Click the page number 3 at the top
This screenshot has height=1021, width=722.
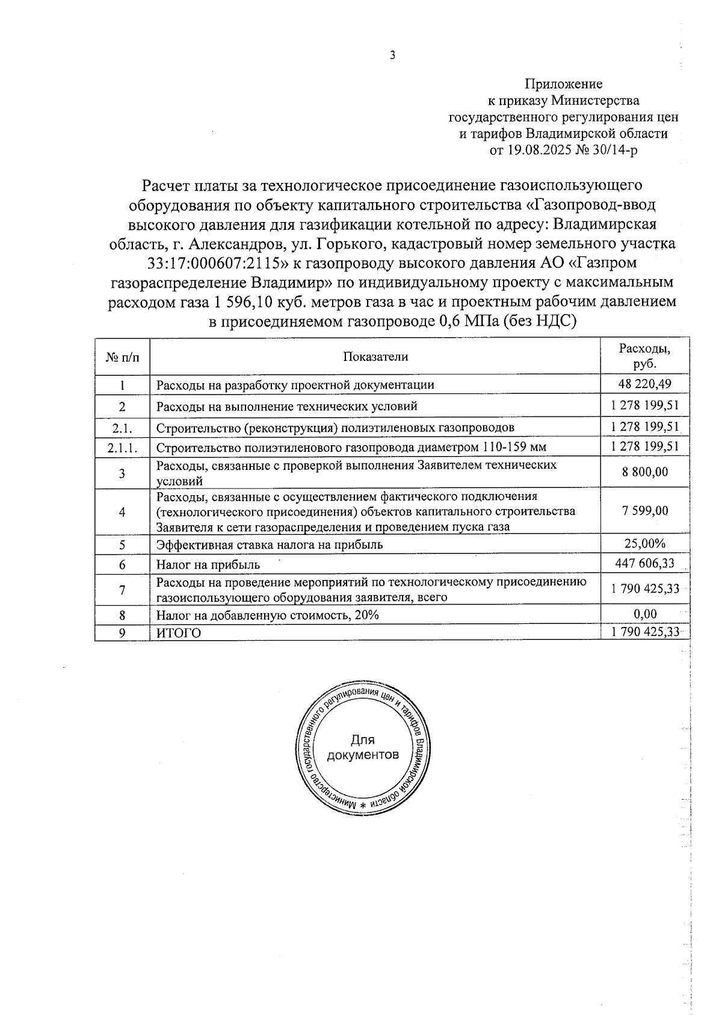[393, 56]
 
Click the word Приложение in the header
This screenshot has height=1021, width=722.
[563, 84]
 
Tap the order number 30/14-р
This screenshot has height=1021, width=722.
[614, 150]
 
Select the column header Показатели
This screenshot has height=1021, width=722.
[375, 357]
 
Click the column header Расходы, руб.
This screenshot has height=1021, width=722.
[644, 356]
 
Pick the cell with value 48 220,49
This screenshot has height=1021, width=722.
[644, 384]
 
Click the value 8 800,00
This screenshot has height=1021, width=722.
[644, 472]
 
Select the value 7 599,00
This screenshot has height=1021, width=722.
[644, 511]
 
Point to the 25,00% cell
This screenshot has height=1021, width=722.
[644, 544]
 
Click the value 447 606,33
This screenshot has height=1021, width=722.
[644, 564]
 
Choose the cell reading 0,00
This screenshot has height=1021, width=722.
[644, 614]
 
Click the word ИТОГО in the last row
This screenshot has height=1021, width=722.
[179, 633]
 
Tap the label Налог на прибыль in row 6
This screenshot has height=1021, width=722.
[208, 564]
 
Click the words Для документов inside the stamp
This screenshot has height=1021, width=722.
[362, 747]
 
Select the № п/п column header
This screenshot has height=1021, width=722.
[122, 357]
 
